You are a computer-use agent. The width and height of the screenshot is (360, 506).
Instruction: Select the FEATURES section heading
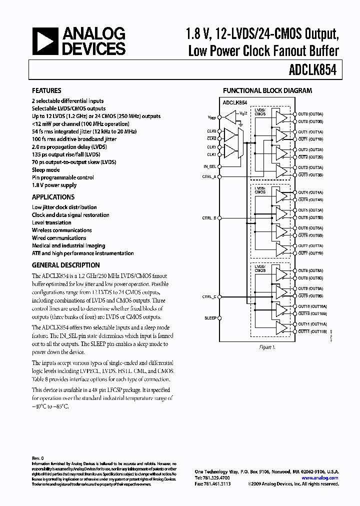coord(46,90)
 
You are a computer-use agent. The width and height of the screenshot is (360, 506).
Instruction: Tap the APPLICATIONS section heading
coord(53,197)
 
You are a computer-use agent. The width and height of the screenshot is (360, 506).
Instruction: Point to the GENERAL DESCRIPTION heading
coord(65,265)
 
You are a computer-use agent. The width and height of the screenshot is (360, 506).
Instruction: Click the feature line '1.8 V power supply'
coord(54,185)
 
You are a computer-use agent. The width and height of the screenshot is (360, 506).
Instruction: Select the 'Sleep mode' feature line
coord(45,170)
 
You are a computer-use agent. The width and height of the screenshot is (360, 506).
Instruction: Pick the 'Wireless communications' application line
coord(61,230)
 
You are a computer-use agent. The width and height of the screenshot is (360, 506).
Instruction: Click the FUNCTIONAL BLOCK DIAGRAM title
coord(267,90)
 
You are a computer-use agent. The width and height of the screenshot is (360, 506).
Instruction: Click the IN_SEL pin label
coord(210,166)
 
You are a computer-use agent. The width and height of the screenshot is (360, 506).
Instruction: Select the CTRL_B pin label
coord(209,218)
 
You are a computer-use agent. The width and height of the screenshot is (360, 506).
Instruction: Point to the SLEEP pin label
coord(210,318)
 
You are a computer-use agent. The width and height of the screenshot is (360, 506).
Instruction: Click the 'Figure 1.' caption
coord(267,347)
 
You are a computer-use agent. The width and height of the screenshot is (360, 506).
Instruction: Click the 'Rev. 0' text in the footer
coord(38,458)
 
